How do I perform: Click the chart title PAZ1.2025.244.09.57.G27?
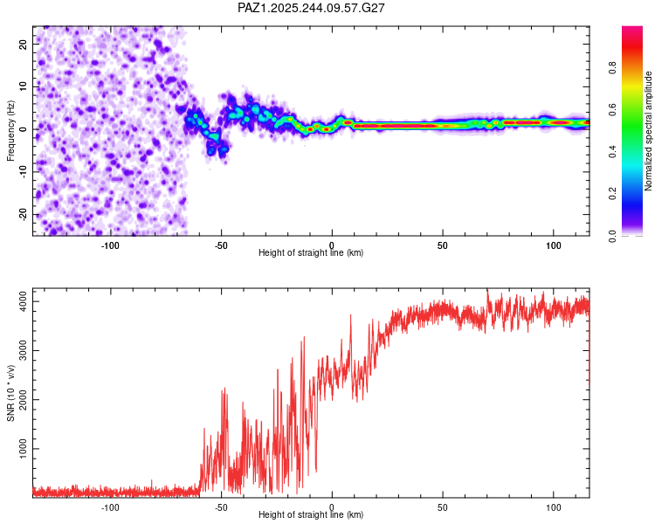click(312, 8)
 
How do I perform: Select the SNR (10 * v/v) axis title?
click(10, 392)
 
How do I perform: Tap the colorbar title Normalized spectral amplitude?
click(649, 131)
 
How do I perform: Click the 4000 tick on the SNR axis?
click(20, 301)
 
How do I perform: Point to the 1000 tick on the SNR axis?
click(20, 449)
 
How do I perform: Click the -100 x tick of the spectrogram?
click(110, 245)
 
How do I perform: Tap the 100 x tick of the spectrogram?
click(553, 245)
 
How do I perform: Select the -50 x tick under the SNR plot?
click(221, 507)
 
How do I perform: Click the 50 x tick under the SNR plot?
click(443, 507)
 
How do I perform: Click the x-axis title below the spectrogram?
click(312, 253)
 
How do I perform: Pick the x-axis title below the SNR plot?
click(312, 515)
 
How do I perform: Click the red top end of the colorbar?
click(632, 31)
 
